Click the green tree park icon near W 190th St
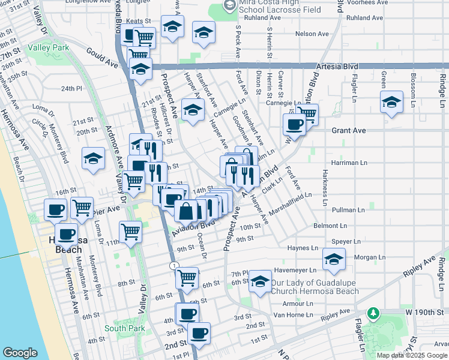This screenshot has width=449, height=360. tap(373, 313)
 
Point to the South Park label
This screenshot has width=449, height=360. tap(124, 328)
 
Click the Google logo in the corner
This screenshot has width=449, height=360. tap(20, 353)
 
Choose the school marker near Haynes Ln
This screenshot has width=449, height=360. tap(333, 259)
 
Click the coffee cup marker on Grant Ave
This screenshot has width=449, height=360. tap(294, 124)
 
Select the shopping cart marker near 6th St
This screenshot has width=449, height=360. tap(187, 277)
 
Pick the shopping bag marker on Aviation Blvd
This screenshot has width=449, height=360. tap(186, 211)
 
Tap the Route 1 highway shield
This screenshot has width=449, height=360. tap(173, 265)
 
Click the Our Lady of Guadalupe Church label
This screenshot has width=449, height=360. tap(315, 287)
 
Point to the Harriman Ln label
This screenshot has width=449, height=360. tap(349, 163)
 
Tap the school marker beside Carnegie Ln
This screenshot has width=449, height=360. tap(193, 110)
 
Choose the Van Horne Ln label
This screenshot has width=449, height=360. tap(294, 314)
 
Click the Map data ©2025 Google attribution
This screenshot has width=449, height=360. tap(412, 355)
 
